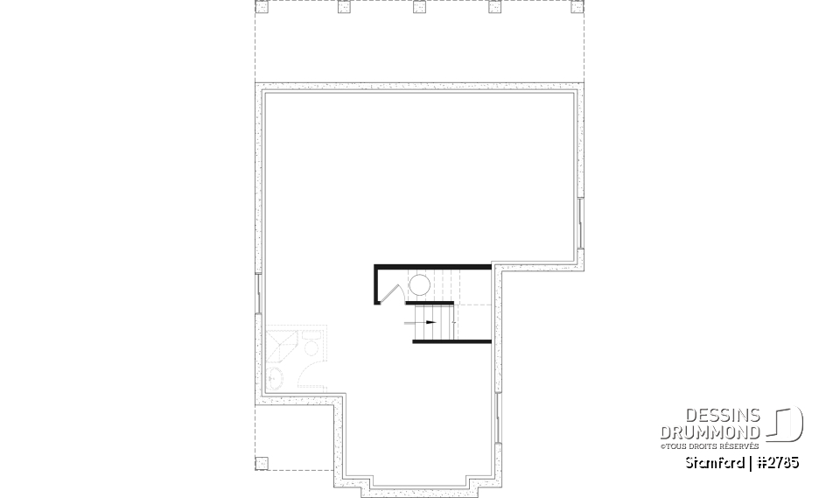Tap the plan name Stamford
(x=716, y=461)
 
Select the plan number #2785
(x=778, y=461)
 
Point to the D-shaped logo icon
(x=789, y=424)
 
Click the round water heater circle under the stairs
(x=419, y=285)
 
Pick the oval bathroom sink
(x=275, y=377)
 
